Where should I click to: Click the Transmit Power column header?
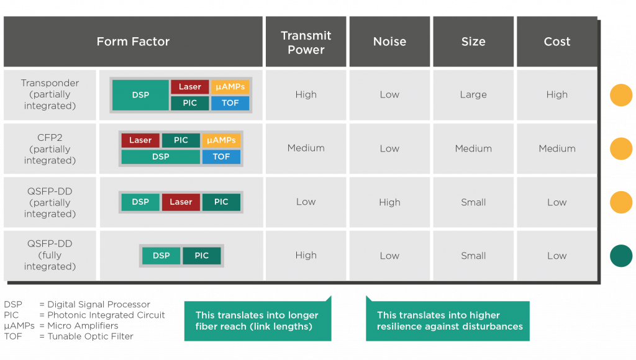pyautogui.click(x=306, y=42)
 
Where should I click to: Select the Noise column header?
pyautogui.click(x=389, y=42)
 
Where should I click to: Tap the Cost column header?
pyautogui.click(x=557, y=42)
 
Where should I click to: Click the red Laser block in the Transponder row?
pyautogui.click(x=190, y=87)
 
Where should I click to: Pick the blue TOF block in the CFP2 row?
pyautogui.click(x=221, y=157)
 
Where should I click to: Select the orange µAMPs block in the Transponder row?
pyautogui.click(x=230, y=87)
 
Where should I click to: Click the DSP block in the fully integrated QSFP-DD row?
pyautogui.click(x=161, y=256)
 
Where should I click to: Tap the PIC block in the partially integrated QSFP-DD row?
pyautogui.click(x=221, y=202)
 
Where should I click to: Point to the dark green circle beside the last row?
pyautogui.click(x=621, y=256)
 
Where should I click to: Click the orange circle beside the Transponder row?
pyautogui.click(x=621, y=95)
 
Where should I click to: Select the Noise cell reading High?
pyautogui.click(x=389, y=202)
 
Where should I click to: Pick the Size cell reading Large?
pyautogui.click(x=473, y=95)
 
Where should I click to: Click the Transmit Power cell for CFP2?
pyautogui.click(x=306, y=148)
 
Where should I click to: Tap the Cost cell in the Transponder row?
pyautogui.click(x=557, y=95)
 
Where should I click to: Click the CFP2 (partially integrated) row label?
pyautogui.click(x=50, y=149)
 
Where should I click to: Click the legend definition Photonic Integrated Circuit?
pyautogui.click(x=106, y=315)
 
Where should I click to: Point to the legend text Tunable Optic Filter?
pyautogui.click(x=91, y=336)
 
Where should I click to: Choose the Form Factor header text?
pyautogui.click(x=133, y=42)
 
